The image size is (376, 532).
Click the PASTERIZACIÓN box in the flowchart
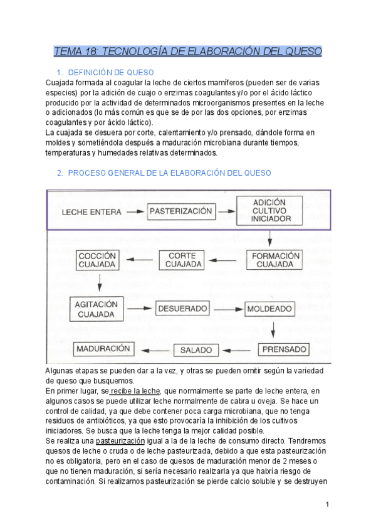pos(180,211)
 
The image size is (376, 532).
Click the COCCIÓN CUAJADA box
pos(97,260)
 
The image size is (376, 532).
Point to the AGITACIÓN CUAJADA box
pos(95,309)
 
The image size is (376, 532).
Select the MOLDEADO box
pos(269,309)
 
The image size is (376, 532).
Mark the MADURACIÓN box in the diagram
pos(102,348)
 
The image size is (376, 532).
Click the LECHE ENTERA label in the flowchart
pos(91,212)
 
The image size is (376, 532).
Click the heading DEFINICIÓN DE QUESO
pos(110,72)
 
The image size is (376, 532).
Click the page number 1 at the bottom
pos(327,504)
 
